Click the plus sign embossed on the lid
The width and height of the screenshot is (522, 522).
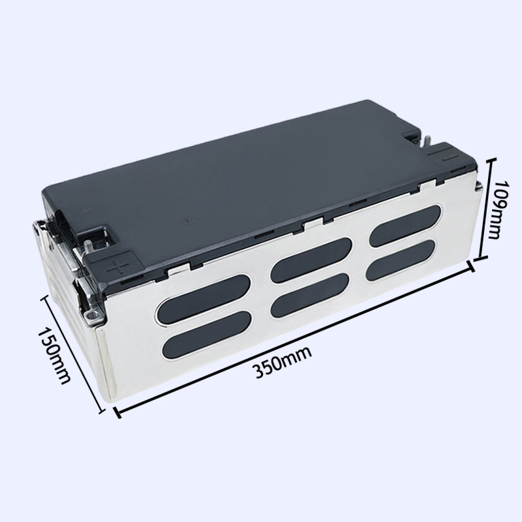pyautogui.click(x=117, y=267)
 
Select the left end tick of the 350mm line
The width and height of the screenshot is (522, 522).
pyautogui.click(x=117, y=412)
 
